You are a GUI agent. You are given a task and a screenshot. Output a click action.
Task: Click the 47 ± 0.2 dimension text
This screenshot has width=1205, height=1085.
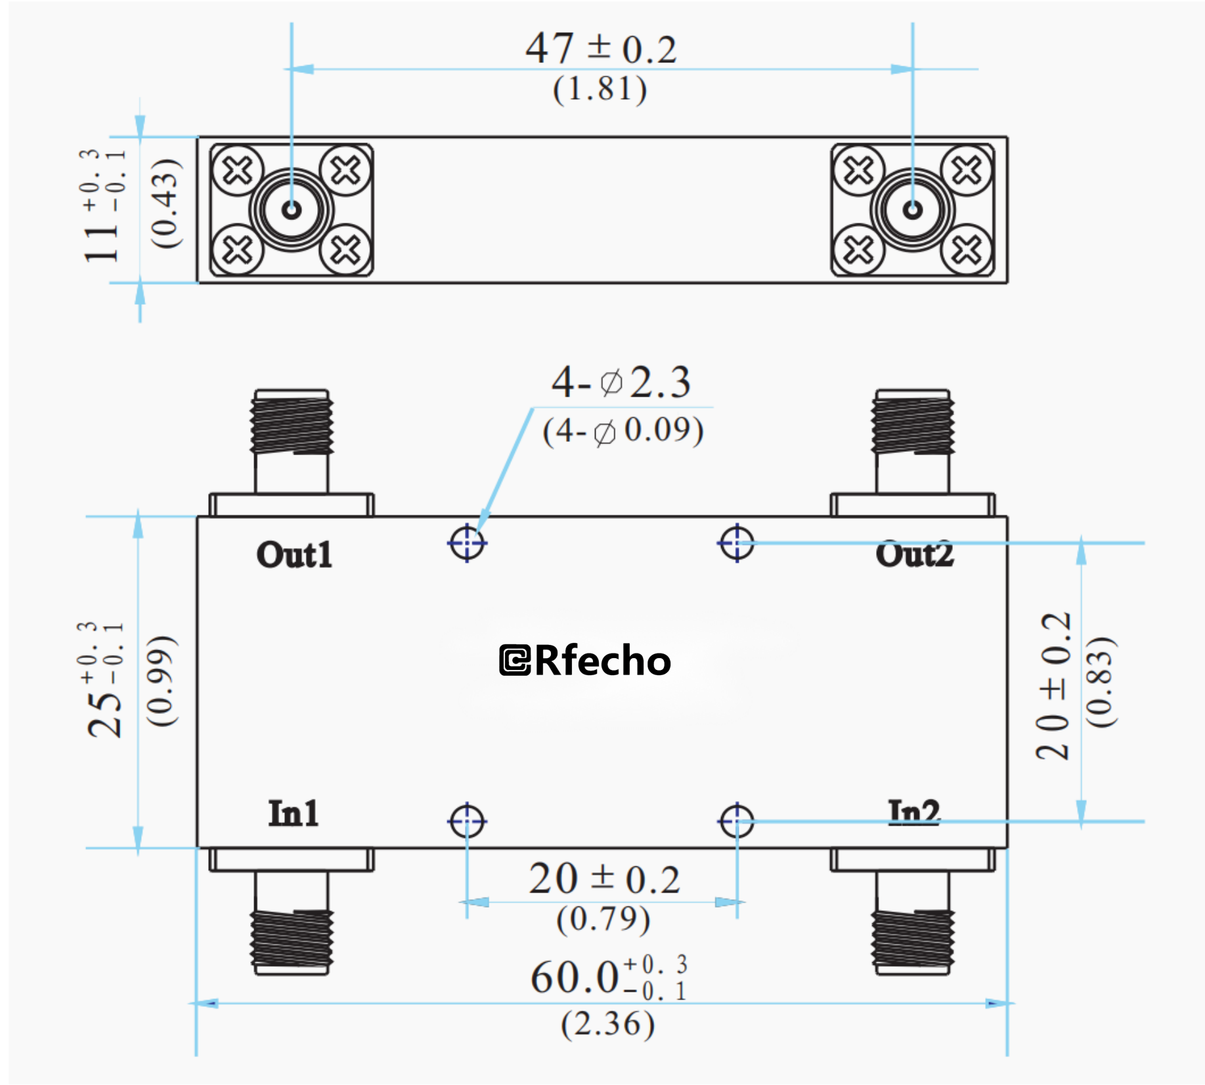pos(600,49)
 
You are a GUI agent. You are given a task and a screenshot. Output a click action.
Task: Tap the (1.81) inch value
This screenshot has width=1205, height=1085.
pos(600,89)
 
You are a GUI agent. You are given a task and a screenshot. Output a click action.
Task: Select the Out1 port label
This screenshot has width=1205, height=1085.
pos(294,555)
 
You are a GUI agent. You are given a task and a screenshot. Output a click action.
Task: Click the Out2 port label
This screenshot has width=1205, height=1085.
pos(914,555)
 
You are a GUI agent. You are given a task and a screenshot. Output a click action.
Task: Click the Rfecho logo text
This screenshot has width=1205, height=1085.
pos(585,660)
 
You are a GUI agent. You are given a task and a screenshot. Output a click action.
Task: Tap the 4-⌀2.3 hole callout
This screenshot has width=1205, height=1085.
pos(621,382)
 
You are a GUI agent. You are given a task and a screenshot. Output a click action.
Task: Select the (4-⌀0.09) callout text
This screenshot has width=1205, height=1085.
pos(623,432)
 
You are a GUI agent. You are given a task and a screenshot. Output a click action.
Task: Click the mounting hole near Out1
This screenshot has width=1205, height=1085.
pos(467,543)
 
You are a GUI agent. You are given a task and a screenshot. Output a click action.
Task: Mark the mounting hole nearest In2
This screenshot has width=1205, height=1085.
pos(737,820)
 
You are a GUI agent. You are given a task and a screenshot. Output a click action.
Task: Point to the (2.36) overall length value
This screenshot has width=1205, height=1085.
pos(607,1024)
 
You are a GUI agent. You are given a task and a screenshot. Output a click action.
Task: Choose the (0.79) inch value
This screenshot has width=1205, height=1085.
pos(603,919)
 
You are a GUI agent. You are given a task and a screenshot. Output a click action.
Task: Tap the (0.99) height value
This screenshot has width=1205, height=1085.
pos(162,681)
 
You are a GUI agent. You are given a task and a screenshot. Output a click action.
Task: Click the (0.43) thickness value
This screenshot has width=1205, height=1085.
pos(165,204)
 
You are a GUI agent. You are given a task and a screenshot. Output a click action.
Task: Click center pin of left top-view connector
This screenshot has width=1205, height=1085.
pos(292,210)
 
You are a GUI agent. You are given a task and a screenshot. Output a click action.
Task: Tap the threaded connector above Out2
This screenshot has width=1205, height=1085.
pos(912,424)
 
